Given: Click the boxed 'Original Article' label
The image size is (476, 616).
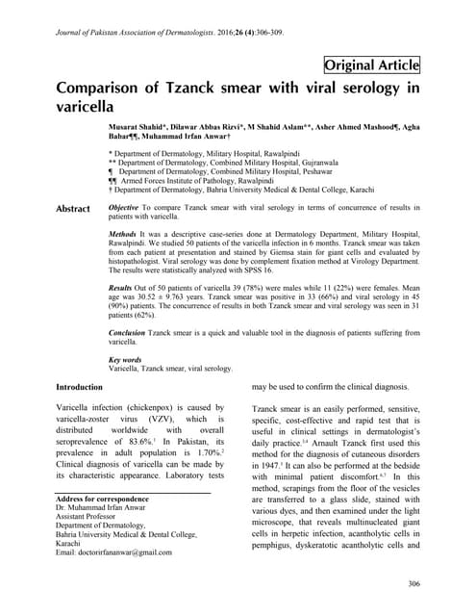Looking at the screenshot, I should (x=371, y=65).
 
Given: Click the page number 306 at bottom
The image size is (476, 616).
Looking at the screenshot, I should (x=414, y=583).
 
